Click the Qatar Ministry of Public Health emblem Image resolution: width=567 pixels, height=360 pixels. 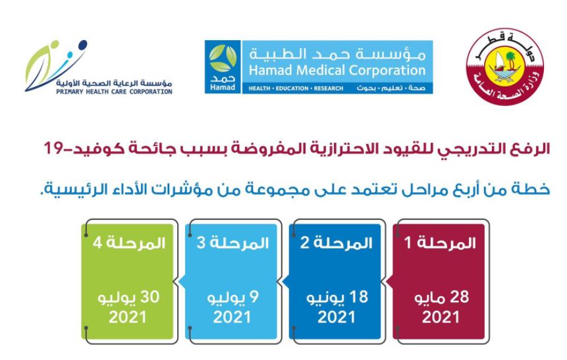(505, 67)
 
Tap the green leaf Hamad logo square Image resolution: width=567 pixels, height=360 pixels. (223, 67)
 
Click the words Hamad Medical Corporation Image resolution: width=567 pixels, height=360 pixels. (337, 70)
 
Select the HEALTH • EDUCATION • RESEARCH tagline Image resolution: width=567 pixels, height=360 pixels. (296, 88)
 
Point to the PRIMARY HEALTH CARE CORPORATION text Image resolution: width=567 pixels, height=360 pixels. (114, 91)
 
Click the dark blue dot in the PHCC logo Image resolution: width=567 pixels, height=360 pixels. (82, 45)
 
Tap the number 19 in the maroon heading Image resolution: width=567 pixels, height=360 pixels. (53, 149)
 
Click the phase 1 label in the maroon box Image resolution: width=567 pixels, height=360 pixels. (440, 243)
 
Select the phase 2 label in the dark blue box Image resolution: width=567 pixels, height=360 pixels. (337, 243)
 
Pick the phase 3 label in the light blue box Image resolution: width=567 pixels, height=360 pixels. (232, 243)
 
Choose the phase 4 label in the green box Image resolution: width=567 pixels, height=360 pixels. (128, 243)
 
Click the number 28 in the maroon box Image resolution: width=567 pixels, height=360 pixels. (459, 297)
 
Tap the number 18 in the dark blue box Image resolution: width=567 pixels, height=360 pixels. (359, 297)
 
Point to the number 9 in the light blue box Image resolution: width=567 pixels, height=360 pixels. (254, 297)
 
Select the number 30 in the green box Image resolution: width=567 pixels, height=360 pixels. (149, 297)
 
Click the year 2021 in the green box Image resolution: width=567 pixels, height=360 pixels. (127, 317)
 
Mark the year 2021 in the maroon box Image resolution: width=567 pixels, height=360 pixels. (441, 317)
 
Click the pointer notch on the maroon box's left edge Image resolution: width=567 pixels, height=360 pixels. (389, 282)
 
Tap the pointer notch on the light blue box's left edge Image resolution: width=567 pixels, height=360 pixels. (182, 282)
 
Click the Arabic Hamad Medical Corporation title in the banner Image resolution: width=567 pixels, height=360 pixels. (337, 54)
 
